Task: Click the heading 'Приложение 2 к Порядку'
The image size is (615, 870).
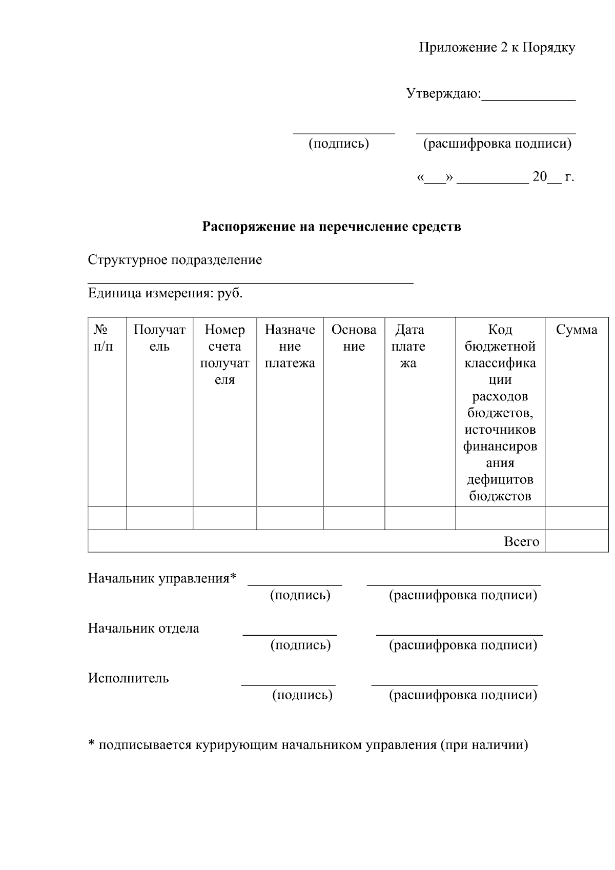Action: [497, 48]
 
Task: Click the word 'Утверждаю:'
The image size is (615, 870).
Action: [443, 94]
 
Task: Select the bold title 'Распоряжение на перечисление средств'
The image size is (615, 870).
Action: [332, 227]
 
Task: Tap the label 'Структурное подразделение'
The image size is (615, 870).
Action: [175, 260]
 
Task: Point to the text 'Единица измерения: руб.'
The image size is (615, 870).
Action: [165, 294]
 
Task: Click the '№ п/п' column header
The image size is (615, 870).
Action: [104, 338]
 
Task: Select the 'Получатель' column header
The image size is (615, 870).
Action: [159, 338]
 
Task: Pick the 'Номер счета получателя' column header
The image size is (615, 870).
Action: [224, 354]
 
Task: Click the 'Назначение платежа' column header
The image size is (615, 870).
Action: [290, 346]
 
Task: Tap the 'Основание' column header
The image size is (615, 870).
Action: [354, 338]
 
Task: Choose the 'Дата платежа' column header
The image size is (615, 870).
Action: [409, 346]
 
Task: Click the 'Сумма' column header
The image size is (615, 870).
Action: [577, 330]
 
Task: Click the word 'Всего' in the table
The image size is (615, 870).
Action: [521, 542]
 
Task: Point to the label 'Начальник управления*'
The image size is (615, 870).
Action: [162, 579]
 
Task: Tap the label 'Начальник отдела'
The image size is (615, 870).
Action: [143, 629]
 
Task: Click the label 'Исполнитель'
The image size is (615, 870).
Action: [128, 678]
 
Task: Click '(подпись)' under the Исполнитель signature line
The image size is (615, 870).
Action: [302, 695]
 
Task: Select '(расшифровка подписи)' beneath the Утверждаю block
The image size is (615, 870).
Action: [497, 144]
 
